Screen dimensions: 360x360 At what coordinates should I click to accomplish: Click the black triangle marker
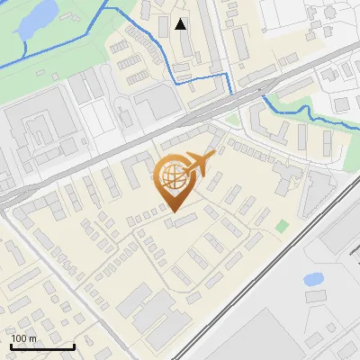tap(181, 24)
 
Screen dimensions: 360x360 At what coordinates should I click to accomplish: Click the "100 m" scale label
tap(24, 338)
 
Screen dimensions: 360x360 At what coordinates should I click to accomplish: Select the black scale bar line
tap(42, 346)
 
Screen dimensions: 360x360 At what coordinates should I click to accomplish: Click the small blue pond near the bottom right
tap(314, 279)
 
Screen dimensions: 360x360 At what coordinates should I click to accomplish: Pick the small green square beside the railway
tap(283, 225)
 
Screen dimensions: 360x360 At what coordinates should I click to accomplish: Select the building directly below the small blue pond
tap(316, 296)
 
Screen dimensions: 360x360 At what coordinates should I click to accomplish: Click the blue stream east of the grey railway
tap(306, 112)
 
